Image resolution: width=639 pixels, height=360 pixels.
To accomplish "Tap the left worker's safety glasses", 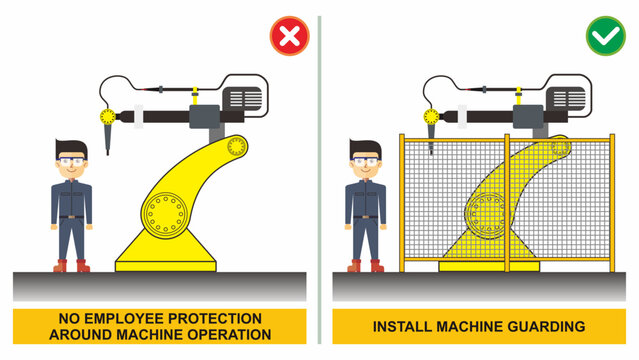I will [x=71, y=161].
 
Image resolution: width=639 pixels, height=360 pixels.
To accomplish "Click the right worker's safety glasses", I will [x=367, y=161].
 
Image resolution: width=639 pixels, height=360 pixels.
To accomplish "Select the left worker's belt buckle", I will [x=71, y=216].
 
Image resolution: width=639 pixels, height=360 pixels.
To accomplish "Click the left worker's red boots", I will [x=71, y=266].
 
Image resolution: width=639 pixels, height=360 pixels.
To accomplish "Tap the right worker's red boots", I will [x=367, y=266].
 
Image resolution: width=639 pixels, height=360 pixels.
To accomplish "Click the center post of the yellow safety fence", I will [x=507, y=200].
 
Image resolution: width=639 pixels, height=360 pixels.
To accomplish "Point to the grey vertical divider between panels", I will [x=319, y=180].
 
